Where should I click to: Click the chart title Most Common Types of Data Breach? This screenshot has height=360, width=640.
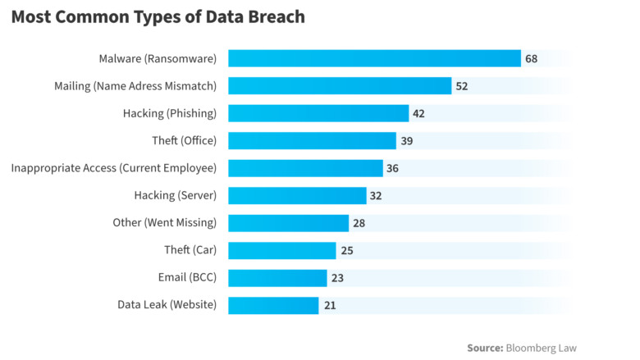point(158,17)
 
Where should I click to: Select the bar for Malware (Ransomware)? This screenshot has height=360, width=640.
point(374,58)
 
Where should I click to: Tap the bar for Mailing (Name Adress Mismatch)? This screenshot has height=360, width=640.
point(340,86)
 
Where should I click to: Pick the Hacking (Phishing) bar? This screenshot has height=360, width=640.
point(318,113)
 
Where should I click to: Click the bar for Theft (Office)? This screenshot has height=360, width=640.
point(312,141)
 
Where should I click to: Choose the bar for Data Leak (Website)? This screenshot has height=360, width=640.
point(273,305)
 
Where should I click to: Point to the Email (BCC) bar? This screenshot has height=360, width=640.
point(277,278)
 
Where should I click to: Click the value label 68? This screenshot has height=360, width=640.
point(532,58)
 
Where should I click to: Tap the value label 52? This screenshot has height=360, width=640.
point(462,86)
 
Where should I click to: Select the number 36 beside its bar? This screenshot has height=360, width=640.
point(394,168)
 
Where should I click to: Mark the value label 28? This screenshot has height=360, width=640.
point(359,223)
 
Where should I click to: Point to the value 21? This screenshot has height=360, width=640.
point(329,305)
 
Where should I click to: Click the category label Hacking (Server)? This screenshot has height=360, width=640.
point(176,195)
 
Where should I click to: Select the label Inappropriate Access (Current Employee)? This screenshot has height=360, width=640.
point(114,168)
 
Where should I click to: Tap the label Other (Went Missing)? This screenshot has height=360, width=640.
point(165,223)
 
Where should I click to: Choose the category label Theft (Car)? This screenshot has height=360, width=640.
point(190,250)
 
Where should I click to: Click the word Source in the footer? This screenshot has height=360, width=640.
point(485,348)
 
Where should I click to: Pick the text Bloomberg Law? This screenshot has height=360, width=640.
point(542,348)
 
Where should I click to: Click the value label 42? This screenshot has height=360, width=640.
point(418,113)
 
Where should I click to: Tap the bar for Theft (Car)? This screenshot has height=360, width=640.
point(281,250)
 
